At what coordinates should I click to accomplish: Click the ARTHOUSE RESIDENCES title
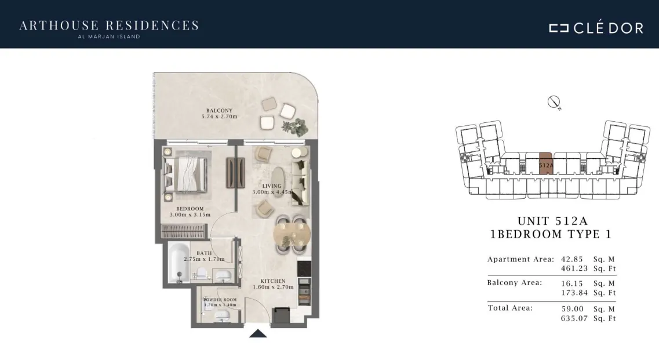pyautogui.click(x=109, y=26)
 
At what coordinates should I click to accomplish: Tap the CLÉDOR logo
pyautogui.click(x=596, y=27)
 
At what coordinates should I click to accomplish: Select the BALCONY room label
pyautogui.click(x=219, y=111)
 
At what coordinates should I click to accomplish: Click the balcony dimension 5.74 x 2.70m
pyautogui.click(x=220, y=117)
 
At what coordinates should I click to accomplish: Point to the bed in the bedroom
pyautogui.click(x=185, y=174)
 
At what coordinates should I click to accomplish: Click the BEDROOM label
pyautogui.click(x=190, y=209)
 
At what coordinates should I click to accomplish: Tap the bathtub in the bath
pyautogui.click(x=179, y=263)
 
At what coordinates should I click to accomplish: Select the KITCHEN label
pyautogui.click(x=273, y=281)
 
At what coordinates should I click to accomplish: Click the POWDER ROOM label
pyautogui.click(x=220, y=300)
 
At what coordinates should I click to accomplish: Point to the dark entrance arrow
pyautogui.click(x=258, y=333)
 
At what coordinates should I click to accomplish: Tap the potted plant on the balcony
pyautogui.click(x=296, y=126)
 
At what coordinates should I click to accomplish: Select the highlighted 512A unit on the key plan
pyautogui.click(x=546, y=163)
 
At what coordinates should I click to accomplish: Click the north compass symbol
pyautogui.click(x=554, y=102)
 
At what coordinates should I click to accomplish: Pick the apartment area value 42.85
pyautogui.click(x=572, y=259)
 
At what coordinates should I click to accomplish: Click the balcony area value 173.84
pyautogui.click(x=574, y=293)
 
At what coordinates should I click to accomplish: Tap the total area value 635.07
pyautogui.click(x=574, y=318)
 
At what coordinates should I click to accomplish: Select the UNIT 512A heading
pyautogui.click(x=552, y=221)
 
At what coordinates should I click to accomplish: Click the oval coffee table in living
pyautogui.click(x=278, y=181)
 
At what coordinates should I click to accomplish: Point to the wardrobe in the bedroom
pyautogui.click(x=183, y=232)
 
